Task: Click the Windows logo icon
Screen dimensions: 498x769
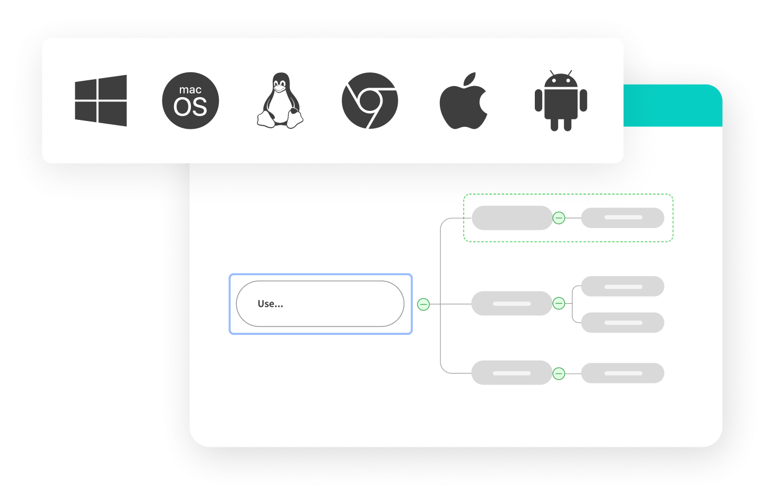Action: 101,100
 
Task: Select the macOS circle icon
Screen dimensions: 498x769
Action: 190,101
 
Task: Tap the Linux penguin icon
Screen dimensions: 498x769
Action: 280,101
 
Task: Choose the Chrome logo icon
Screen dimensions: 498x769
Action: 370,101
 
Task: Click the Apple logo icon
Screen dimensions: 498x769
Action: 463,101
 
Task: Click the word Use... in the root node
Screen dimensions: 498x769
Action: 270,304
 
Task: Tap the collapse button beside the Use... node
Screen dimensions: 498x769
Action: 423,304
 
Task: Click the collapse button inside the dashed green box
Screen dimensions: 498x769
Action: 559,218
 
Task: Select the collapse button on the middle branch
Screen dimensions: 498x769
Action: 559,303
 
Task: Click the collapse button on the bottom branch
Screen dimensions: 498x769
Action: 559,374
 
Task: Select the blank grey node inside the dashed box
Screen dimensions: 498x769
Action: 512,218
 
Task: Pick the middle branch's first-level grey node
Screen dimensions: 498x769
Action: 512,303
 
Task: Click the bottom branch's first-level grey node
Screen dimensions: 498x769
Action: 512,373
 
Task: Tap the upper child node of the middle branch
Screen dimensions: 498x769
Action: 622,286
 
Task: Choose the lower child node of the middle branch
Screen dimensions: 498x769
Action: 622,323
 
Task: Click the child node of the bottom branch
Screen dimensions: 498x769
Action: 622,373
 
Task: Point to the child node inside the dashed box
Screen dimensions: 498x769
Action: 622,218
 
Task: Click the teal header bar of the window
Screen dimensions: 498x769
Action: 672,106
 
